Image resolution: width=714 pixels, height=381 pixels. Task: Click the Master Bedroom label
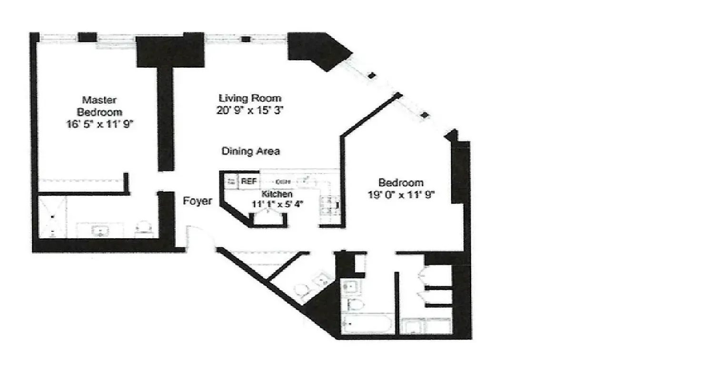click(99, 106)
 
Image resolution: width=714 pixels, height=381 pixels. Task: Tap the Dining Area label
click(251, 151)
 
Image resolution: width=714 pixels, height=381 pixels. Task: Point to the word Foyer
click(198, 201)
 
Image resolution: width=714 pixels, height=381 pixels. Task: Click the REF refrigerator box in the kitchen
click(248, 181)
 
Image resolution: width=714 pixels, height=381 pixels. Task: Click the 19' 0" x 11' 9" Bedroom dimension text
click(401, 194)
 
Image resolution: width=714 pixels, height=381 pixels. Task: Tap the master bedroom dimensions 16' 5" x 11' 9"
click(99, 125)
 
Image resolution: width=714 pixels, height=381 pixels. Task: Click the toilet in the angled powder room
click(302, 290)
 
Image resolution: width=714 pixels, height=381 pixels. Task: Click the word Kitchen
click(277, 194)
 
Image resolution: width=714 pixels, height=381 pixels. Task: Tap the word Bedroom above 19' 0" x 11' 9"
click(401, 182)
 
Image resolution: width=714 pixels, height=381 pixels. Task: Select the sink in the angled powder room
click(323, 278)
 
